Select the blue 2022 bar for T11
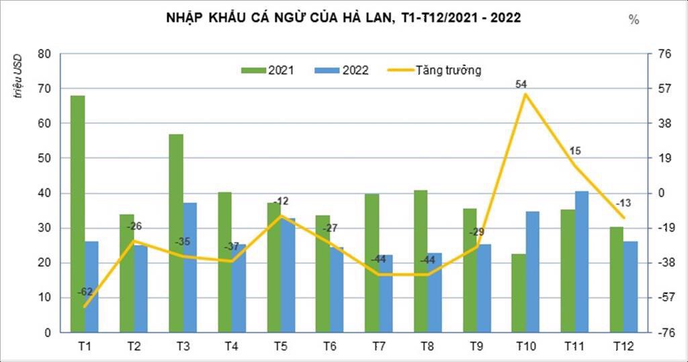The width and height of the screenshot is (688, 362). (x=581, y=262)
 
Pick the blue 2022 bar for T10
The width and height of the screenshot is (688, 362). (x=532, y=272)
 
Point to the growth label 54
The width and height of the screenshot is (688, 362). (x=521, y=84)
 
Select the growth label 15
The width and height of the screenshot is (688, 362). (x=575, y=151)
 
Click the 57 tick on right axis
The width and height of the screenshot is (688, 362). (x=664, y=89)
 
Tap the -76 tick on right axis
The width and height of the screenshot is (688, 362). (x=664, y=332)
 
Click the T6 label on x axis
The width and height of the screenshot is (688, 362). (x=329, y=347)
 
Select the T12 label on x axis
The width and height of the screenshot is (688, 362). (x=623, y=347)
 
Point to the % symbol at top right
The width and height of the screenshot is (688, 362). (x=634, y=20)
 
